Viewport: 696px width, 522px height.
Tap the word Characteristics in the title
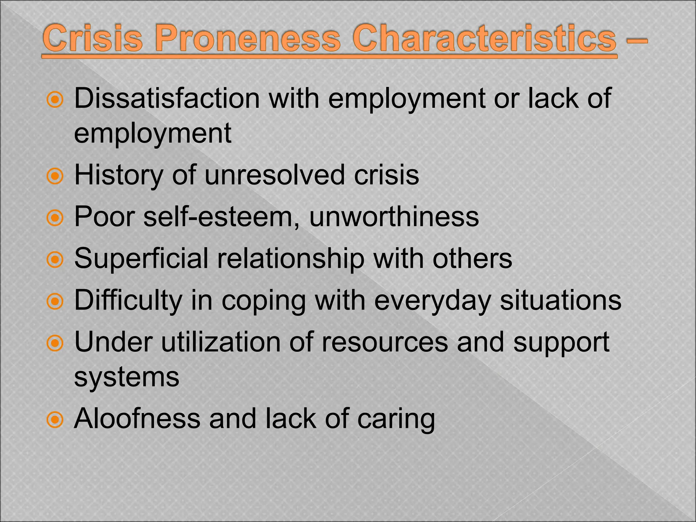[484, 39]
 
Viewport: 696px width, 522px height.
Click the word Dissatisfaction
[167, 99]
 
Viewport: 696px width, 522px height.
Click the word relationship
[291, 259]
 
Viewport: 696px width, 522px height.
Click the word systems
[126, 377]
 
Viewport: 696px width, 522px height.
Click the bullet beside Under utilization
[55, 344]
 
